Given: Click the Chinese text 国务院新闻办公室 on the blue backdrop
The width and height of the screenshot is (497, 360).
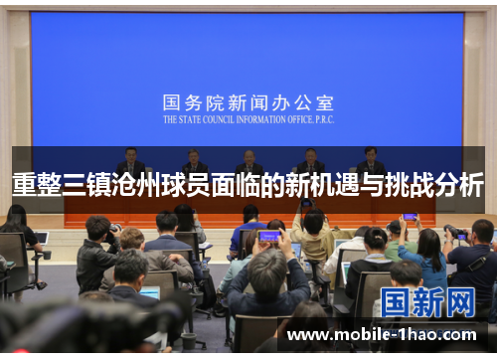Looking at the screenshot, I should click(248, 102).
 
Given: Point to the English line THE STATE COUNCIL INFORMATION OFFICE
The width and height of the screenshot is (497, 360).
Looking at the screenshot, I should click(248, 117).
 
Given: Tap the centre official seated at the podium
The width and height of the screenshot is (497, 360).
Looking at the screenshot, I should click(248, 160).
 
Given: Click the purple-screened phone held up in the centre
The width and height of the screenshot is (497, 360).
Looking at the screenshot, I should click(269, 237).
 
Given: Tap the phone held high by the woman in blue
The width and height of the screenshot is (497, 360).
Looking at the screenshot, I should click(410, 216).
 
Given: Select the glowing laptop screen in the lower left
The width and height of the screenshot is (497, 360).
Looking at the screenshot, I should click(150, 292).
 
